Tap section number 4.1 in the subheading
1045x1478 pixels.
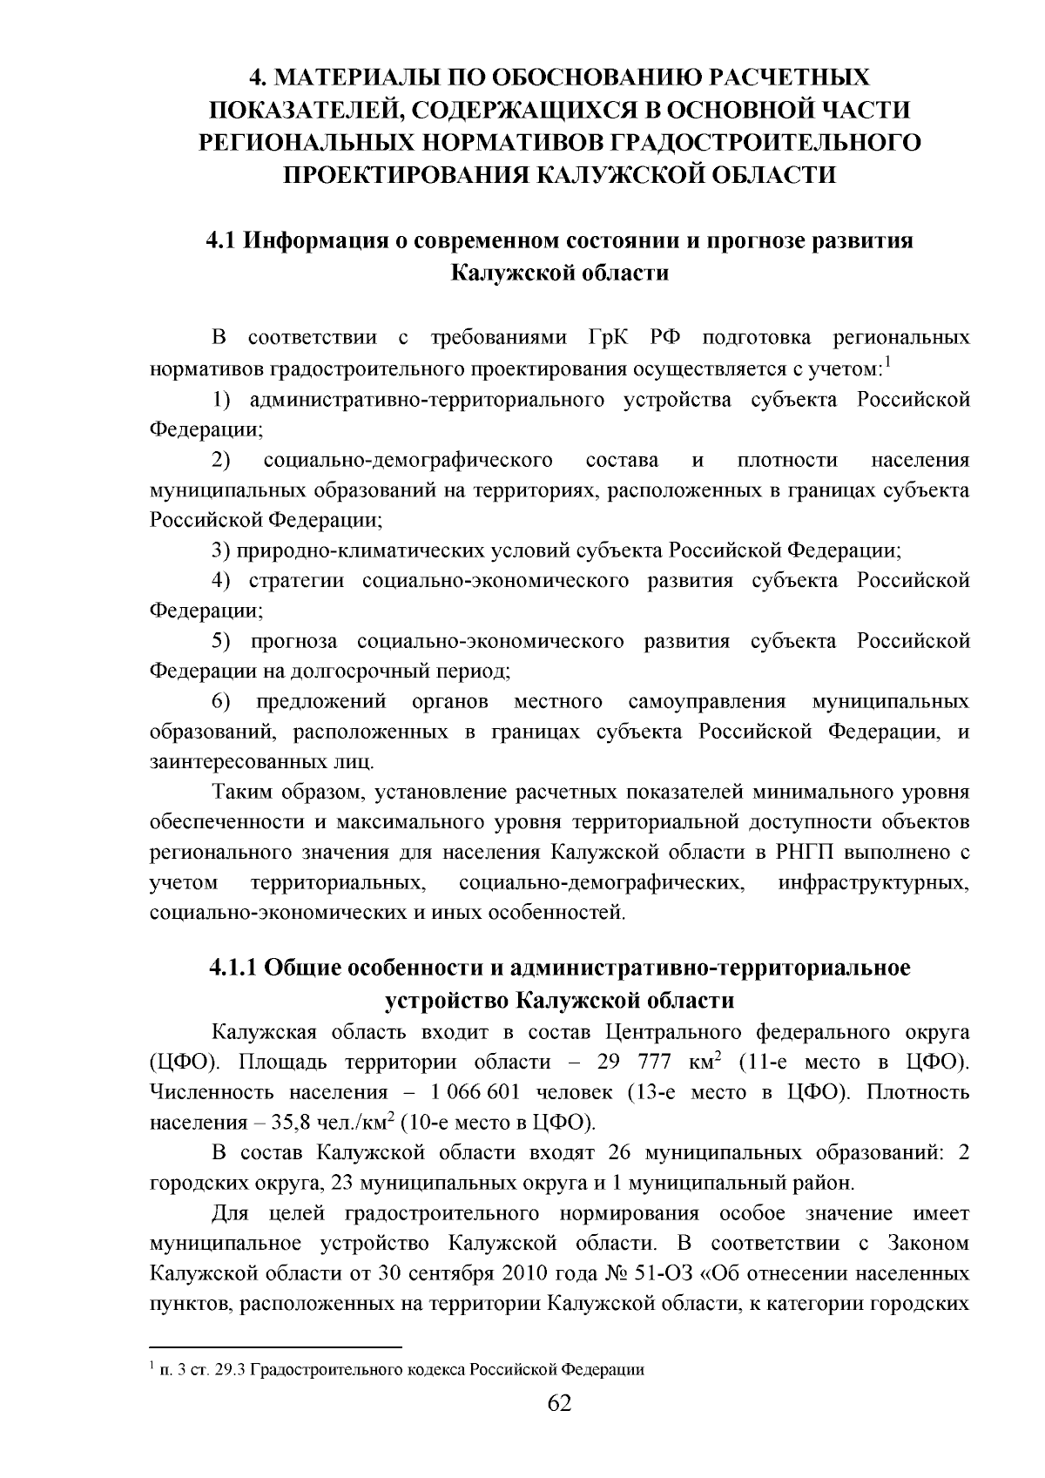coord(221,241)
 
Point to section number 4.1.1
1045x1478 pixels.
coord(233,968)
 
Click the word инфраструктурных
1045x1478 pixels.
coord(873,883)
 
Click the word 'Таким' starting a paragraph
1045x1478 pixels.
coord(242,793)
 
